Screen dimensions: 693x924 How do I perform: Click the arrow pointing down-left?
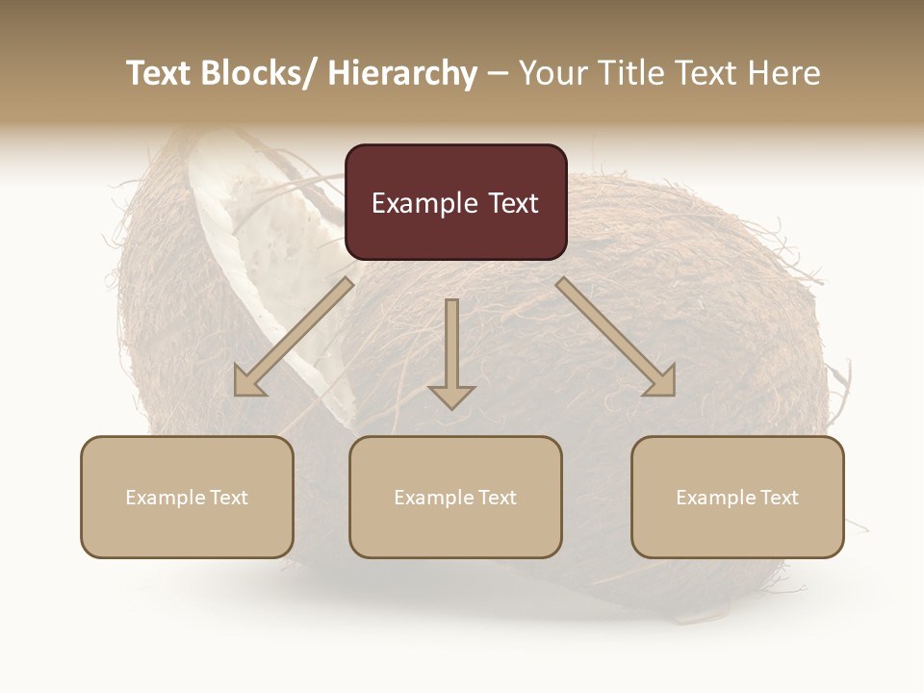pos(294,337)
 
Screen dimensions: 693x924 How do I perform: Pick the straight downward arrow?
pos(451,351)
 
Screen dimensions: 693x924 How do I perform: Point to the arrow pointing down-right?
pos(616,337)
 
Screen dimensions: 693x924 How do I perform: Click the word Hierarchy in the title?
pos(402,74)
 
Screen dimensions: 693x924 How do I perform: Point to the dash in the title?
pos(497,74)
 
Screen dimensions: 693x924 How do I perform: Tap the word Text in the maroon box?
pos(511,204)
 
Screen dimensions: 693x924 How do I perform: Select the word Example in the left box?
pos(166,498)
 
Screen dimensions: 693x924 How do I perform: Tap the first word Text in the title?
pos(159,74)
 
